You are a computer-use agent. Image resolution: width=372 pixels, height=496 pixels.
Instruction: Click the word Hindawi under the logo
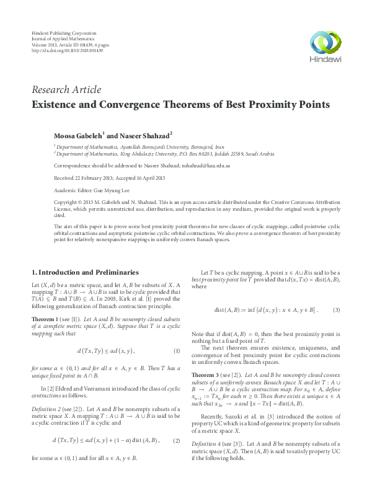325,60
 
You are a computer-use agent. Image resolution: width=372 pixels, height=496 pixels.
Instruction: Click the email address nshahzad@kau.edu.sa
202,166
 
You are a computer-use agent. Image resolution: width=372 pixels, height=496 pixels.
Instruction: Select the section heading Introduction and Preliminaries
89,272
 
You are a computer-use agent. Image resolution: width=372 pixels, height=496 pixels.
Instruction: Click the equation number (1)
177,351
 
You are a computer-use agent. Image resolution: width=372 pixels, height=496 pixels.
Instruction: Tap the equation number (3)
336,309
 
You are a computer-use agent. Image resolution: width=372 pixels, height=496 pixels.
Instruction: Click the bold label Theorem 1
45,318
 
